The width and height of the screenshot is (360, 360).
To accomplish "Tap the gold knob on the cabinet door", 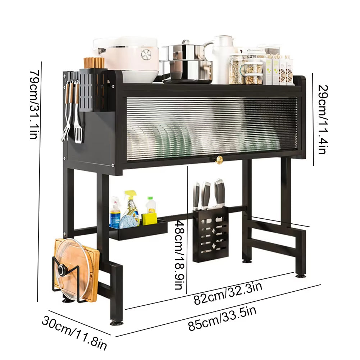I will point(219,160).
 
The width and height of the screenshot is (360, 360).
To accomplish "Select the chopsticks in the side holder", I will point(94,63).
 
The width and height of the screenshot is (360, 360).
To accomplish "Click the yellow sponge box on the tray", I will point(149,219).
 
